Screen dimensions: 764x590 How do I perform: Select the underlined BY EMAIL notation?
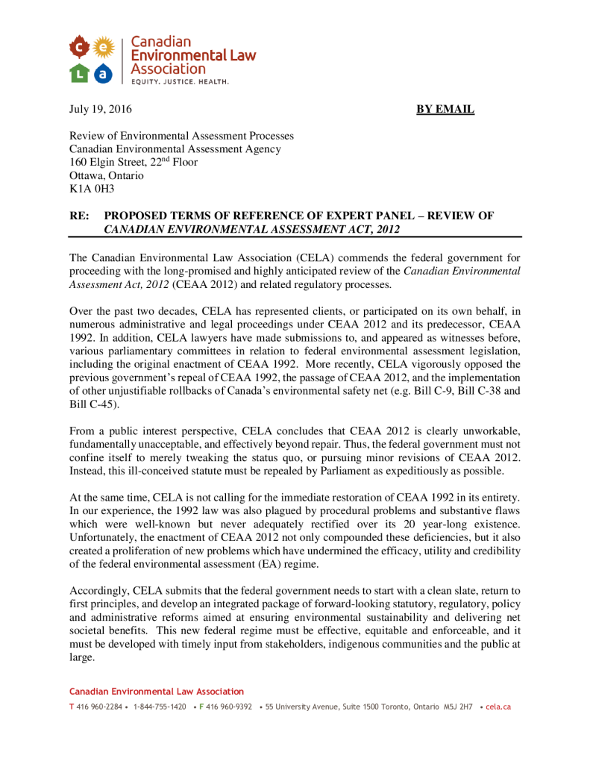click(x=445, y=110)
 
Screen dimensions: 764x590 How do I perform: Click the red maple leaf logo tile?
click(x=80, y=48)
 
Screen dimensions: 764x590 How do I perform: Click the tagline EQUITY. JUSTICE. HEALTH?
click(x=181, y=81)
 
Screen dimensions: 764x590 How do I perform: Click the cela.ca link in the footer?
click(x=498, y=707)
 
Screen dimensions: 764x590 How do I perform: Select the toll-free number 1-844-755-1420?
click(x=160, y=707)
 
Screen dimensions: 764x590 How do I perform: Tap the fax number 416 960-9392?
click(x=229, y=707)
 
